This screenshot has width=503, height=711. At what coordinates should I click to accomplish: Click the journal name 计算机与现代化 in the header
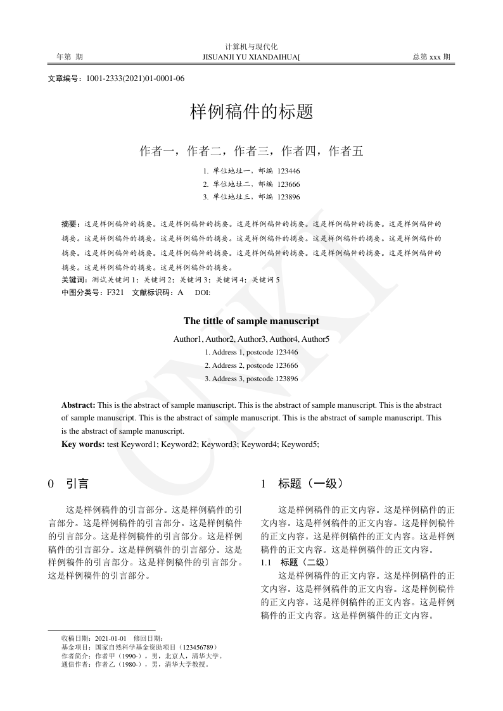251,47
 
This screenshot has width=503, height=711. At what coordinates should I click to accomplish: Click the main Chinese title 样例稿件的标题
251,113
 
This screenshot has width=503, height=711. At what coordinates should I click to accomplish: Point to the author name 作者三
251,151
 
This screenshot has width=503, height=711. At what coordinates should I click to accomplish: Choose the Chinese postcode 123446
288,171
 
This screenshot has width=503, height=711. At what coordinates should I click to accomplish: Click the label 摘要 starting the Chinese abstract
70,224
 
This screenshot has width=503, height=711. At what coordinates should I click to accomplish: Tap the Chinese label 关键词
74,280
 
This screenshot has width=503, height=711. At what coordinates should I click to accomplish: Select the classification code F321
115,293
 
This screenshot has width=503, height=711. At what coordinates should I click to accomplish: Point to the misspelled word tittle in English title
222,321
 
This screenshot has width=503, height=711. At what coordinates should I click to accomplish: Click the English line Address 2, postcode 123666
251,365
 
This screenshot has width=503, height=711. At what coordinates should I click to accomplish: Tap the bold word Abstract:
79,405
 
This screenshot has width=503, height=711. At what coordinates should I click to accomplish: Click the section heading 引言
77,484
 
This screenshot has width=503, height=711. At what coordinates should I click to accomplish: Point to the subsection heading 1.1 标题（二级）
295,562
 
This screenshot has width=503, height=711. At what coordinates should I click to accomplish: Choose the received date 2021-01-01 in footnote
111,638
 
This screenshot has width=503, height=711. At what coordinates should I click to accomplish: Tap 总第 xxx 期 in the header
431,57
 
